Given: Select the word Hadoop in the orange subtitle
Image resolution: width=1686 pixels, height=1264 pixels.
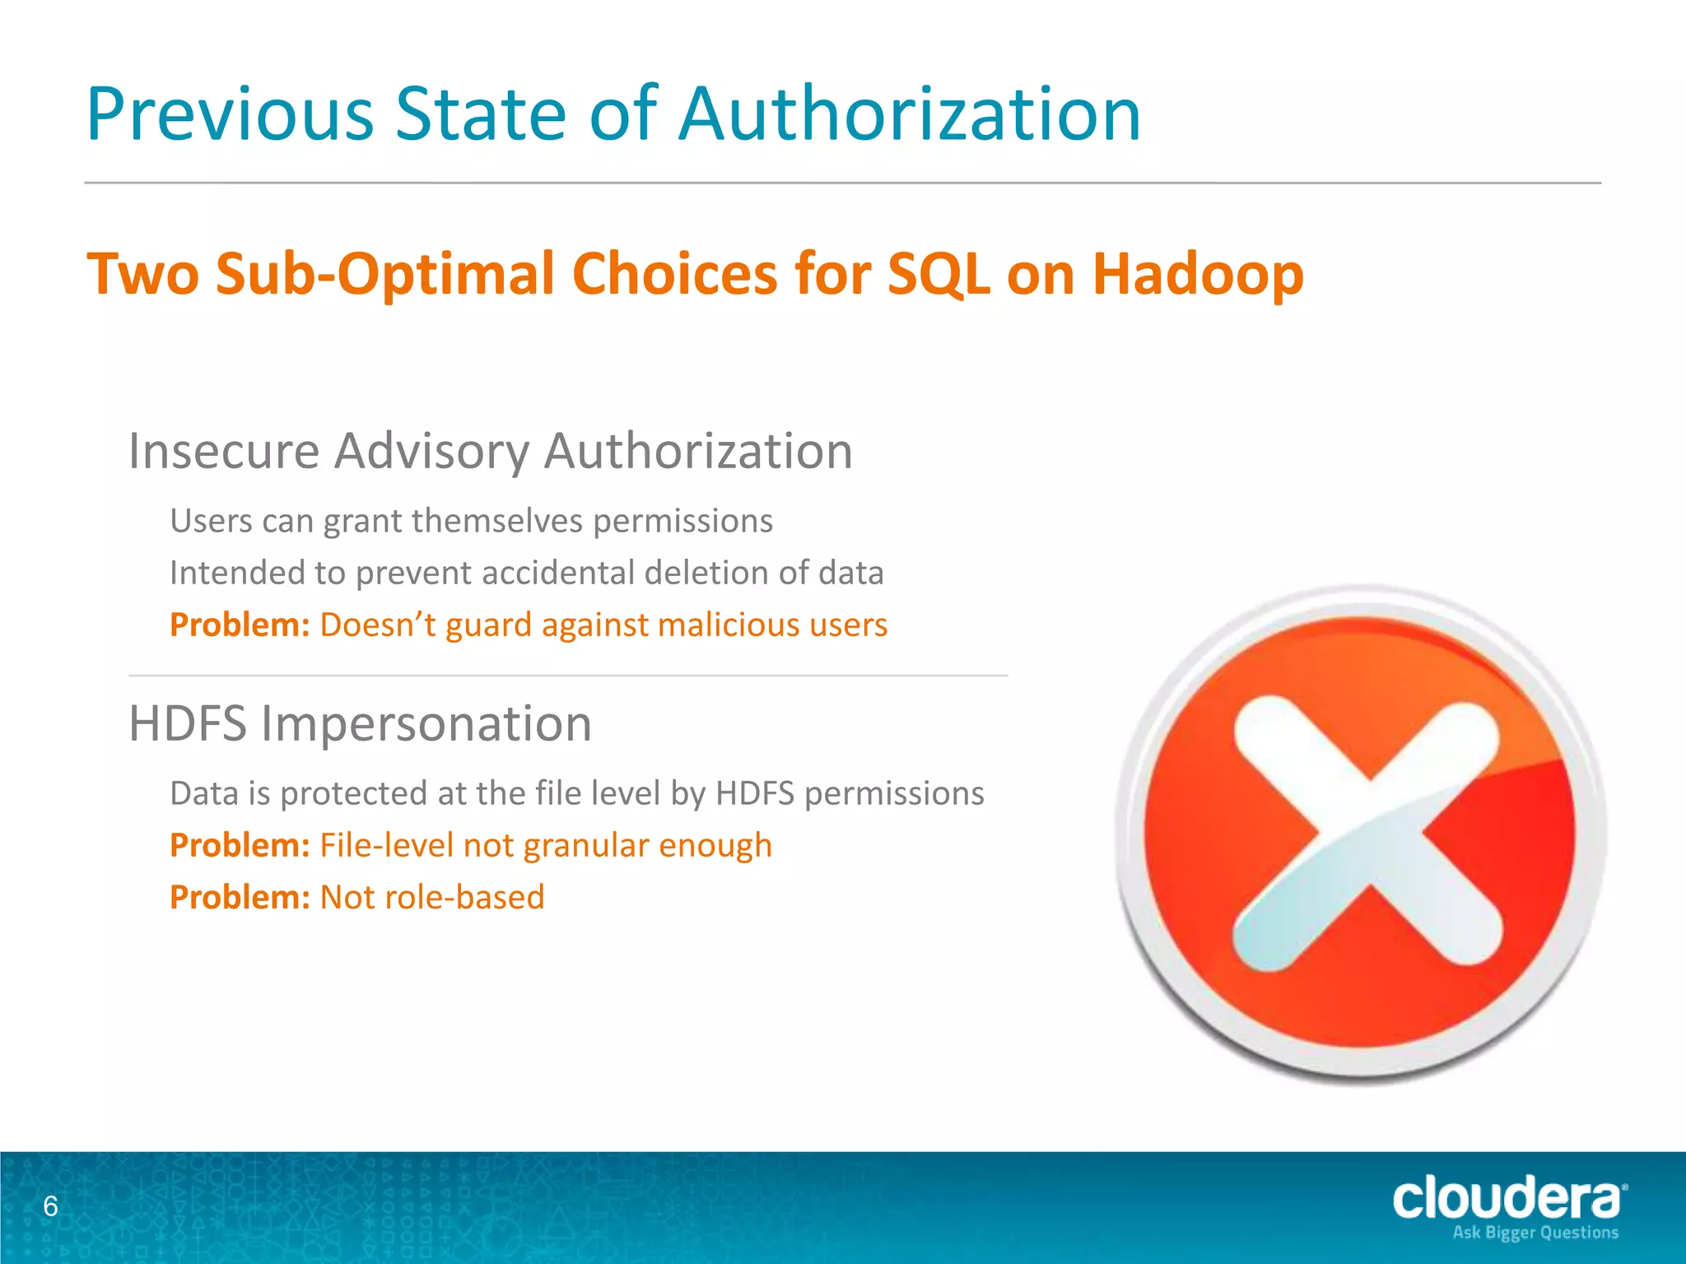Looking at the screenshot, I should click(x=1198, y=273).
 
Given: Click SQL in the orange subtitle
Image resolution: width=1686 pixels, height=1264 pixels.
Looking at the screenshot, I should click(x=938, y=273).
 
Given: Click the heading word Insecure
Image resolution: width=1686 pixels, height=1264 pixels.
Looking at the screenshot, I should click(x=223, y=451).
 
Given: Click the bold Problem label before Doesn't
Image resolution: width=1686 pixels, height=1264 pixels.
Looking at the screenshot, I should click(x=239, y=625).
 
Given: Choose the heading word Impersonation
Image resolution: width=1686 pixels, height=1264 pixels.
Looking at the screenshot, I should click(x=426, y=723).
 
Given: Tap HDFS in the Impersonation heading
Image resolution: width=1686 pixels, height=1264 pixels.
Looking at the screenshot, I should click(x=188, y=723).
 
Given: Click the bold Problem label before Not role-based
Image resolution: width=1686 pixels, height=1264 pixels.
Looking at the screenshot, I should click(x=239, y=897).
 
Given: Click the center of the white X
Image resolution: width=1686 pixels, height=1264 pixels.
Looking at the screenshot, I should click(x=1367, y=832).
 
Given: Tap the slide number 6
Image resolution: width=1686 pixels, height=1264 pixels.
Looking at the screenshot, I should click(x=50, y=1206).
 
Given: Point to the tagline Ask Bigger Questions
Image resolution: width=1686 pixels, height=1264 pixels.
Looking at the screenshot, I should click(x=1535, y=1233).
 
